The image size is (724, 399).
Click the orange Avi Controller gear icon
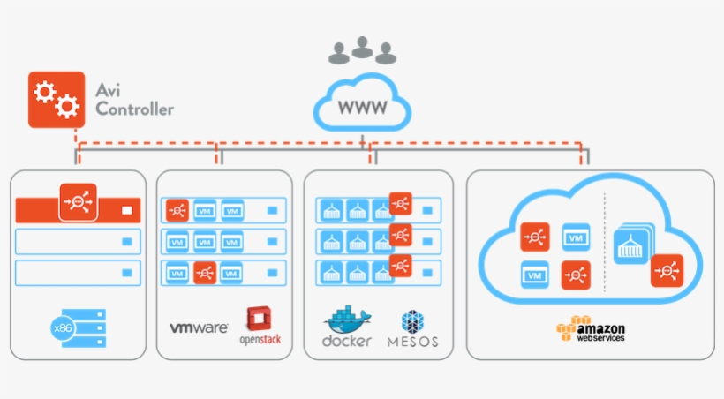click(57, 100)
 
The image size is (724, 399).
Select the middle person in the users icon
click(362, 49)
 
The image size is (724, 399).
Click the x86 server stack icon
click(79, 327)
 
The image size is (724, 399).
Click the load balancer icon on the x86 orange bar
click(77, 202)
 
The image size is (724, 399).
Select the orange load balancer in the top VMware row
click(177, 211)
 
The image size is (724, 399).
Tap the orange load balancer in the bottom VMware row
click(205, 274)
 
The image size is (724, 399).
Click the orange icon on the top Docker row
click(401, 203)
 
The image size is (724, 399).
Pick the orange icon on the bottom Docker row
click(401, 265)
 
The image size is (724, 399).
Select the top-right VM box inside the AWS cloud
click(576, 237)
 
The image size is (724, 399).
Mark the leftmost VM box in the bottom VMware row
click(177, 274)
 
